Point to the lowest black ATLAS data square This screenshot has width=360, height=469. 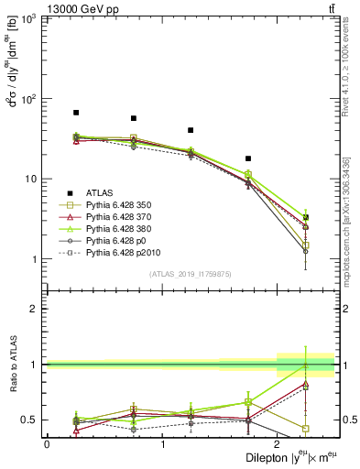(x=306, y=217)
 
